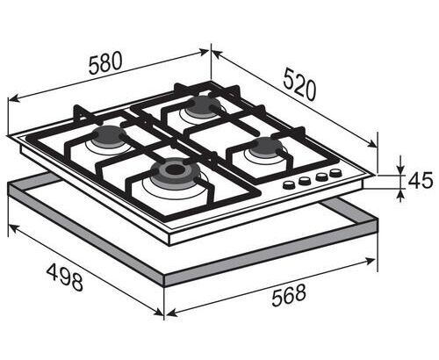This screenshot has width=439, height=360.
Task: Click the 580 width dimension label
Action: [105, 62]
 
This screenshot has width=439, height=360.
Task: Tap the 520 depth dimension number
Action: [300, 84]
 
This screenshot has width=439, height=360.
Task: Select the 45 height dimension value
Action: [421, 181]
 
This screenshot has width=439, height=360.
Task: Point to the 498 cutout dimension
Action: [65, 277]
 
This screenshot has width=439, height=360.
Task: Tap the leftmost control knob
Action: [289, 184]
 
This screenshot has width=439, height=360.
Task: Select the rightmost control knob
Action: [335, 173]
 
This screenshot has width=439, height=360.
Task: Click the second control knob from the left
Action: [305, 180]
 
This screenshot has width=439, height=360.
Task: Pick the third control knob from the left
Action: [321, 176]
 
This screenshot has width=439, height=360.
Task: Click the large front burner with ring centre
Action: [176, 171]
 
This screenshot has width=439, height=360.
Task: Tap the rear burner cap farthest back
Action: [203, 107]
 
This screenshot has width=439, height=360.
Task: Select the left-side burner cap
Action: [109, 136]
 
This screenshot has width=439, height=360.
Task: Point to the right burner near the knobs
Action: [266, 148]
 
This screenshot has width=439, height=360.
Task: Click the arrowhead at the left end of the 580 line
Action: [14, 98]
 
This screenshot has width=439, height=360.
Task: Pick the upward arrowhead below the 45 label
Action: [400, 195]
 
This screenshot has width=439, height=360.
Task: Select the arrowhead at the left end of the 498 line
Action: [14, 228]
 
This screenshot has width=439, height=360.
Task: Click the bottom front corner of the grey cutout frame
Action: [164, 286]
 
